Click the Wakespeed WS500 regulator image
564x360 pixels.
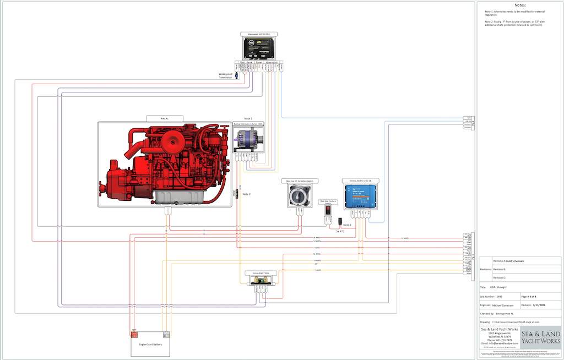(x=262, y=47)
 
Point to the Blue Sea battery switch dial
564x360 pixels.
(x=300, y=195)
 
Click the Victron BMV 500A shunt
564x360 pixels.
(x=260, y=282)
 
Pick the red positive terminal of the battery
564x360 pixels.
(x=133, y=334)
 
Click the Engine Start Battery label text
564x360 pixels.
(x=150, y=344)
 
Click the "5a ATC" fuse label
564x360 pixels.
(x=340, y=232)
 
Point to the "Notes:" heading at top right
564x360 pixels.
(x=520, y=4)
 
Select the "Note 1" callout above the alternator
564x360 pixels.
(x=248, y=119)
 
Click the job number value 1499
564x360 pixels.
(x=499, y=296)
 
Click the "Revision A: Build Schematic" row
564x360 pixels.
(x=509, y=260)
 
